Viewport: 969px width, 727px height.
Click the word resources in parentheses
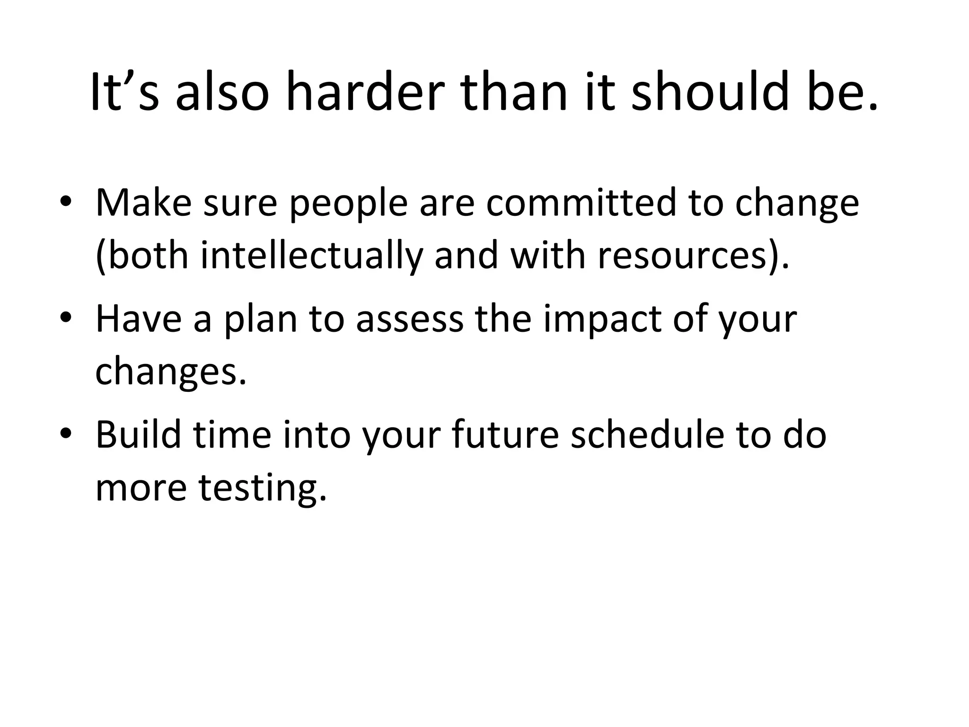[681, 256]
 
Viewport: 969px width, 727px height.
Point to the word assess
[410, 318]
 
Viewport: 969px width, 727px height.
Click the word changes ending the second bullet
[170, 372]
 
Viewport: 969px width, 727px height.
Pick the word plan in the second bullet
[260, 318]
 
